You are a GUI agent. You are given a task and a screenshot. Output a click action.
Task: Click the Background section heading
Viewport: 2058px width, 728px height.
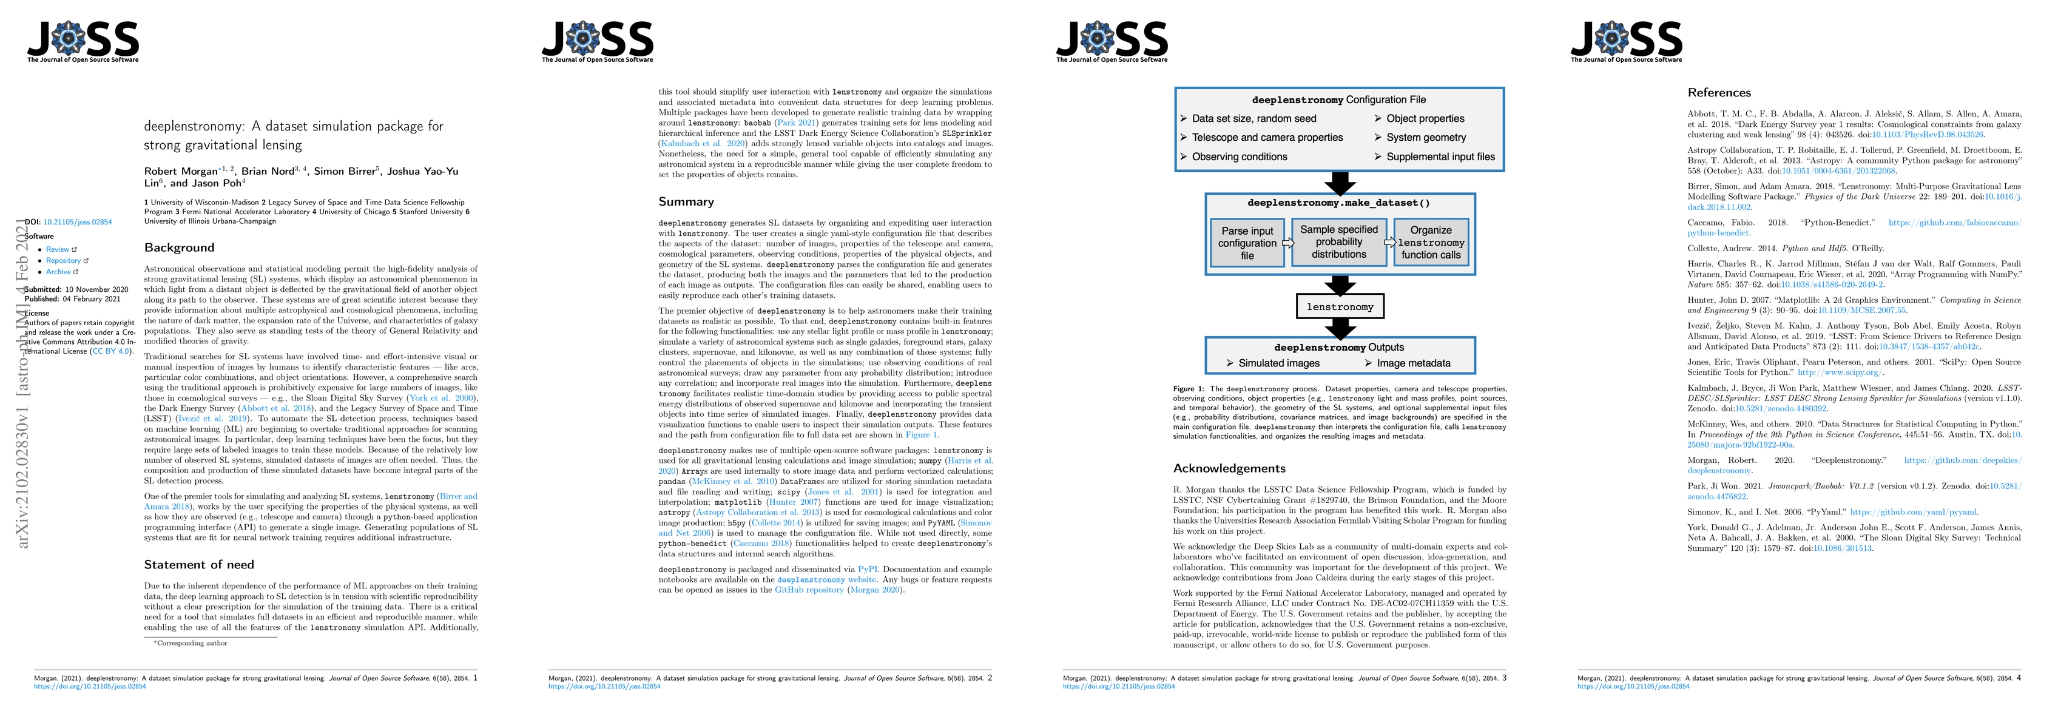point(179,248)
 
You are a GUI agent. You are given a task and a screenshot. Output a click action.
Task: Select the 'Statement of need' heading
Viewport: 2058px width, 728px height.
point(199,565)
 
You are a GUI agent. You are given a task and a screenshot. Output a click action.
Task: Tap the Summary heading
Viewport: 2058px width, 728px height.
point(686,202)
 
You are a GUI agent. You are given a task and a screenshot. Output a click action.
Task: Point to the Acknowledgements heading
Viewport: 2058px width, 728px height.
point(1229,469)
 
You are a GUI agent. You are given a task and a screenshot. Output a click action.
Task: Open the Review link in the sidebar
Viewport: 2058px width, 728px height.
point(58,249)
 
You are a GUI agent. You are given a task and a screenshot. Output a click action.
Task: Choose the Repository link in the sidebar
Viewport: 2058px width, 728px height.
point(63,260)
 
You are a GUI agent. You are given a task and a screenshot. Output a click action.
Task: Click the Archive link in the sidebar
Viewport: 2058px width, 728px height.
point(58,272)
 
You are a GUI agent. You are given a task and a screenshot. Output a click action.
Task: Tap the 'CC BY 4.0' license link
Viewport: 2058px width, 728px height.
point(110,352)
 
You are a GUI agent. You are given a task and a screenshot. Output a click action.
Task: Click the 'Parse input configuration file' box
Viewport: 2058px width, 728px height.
point(1246,243)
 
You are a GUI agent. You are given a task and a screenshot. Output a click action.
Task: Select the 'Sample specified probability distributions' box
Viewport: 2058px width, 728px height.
point(1339,241)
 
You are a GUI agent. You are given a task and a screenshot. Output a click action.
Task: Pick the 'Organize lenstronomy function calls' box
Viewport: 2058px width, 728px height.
point(1431,242)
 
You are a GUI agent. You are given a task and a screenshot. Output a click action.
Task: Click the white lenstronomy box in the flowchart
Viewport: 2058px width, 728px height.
point(1340,307)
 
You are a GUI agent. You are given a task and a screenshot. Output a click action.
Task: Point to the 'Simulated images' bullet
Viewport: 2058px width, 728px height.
point(1278,363)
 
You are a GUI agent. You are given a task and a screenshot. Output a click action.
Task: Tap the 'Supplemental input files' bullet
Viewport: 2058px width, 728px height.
point(1440,157)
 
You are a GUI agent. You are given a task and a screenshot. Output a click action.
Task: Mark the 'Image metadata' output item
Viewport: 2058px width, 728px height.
point(1412,363)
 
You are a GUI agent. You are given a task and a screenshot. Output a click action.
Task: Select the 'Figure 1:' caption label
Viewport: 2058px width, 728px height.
point(1188,389)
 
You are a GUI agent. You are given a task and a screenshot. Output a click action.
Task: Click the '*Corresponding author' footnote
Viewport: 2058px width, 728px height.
point(191,643)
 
